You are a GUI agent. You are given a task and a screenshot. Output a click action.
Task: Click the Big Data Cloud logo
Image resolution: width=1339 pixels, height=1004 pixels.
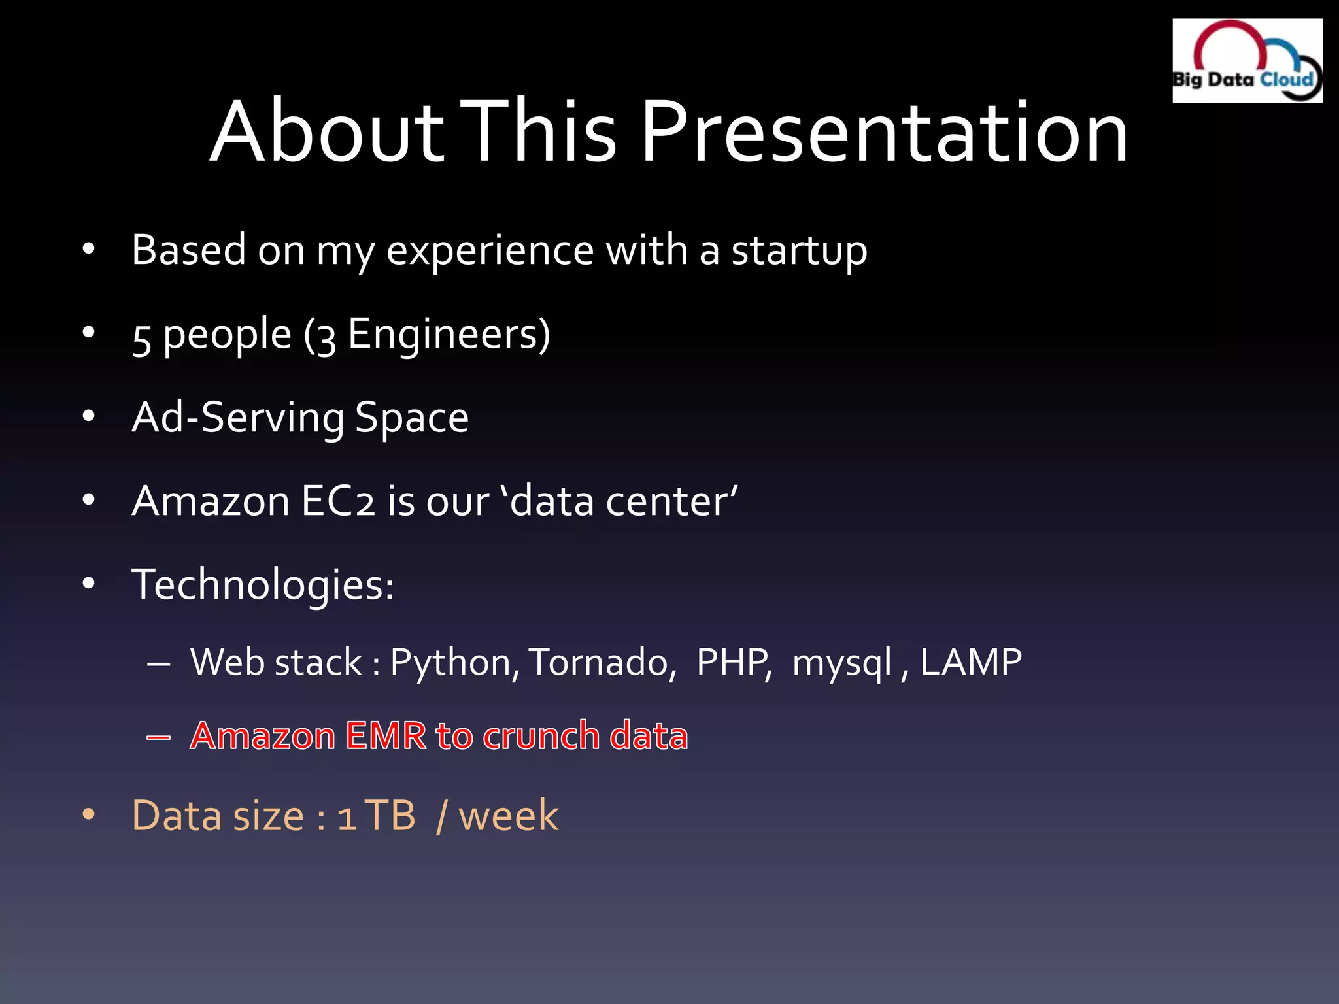pyautogui.click(x=1247, y=61)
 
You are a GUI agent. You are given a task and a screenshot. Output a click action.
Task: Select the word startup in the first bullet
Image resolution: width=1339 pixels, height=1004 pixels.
pyautogui.click(x=798, y=250)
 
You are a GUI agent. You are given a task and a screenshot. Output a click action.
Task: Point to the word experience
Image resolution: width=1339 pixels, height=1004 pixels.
pyautogui.click(x=489, y=250)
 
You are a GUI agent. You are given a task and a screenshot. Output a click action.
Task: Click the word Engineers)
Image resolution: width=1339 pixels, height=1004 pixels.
pyautogui.click(x=449, y=335)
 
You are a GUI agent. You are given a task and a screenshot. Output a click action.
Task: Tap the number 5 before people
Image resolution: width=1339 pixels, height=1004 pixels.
pyautogui.click(x=142, y=337)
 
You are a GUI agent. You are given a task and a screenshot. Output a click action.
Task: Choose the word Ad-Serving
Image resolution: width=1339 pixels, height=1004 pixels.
pyautogui.click(x=237, y=418)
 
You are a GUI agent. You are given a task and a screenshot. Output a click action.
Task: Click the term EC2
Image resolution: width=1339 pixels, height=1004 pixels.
pyautogui.click(x=338, y=501)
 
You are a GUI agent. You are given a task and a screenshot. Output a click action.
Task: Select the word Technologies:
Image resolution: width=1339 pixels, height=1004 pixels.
pyautogui.click(x=263, y=584)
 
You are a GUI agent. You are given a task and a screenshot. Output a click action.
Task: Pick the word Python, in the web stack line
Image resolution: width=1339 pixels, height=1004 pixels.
pyautogui.click(x=455, y=663)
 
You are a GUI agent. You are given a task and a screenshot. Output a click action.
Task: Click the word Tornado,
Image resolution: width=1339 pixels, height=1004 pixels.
pyautogui.click(x=602, y=663)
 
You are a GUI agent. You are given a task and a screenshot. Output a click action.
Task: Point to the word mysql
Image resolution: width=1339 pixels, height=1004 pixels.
pyautogui.click(x=841, y=663)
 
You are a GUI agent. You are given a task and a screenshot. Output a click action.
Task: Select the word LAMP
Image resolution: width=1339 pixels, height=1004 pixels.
pyautogui.click(x=970, y=663)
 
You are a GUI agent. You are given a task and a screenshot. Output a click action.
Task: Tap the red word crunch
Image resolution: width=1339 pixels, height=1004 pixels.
pyautogui.click(x=541, y=736)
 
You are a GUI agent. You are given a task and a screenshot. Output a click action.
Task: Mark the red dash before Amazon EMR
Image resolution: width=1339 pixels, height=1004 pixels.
pyautogui.click(x=159, y=738)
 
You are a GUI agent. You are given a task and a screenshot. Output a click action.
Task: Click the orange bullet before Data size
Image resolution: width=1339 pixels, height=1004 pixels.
pyautogui.click(x=89, y=815)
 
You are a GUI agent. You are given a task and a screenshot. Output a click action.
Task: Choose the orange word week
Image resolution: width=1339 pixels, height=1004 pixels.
pyautogui.click(x=508, y=816)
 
